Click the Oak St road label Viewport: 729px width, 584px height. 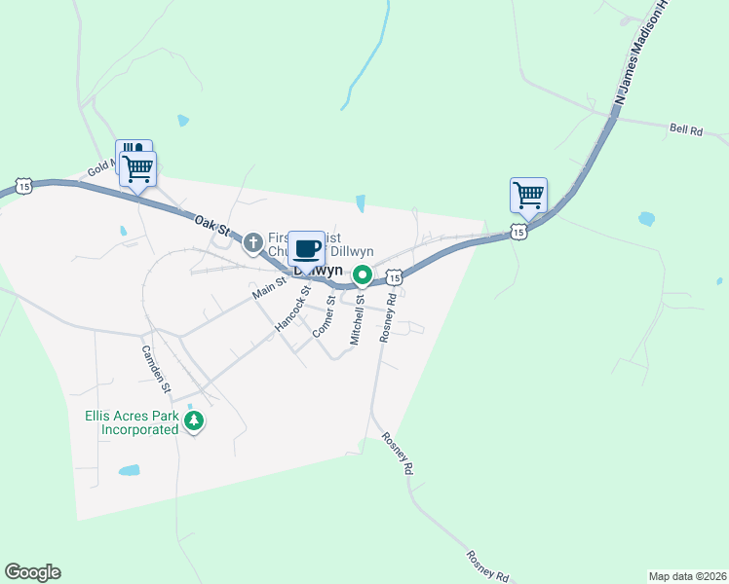pos(211,227)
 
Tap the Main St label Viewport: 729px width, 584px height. pos(269,287)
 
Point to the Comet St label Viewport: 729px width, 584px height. pos(325,317)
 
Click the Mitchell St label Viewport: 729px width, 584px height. pos(357,321)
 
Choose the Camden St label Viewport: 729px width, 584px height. pos(156,369)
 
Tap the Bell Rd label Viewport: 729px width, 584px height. pos(686,128)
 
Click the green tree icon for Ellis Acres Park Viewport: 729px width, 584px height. pos(195,421)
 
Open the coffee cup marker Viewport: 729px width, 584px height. pos(307,248)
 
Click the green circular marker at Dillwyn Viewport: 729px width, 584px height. pos(362,275)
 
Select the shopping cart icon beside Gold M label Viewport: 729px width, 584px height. pos(137,168)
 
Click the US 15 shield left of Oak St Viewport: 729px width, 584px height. pos(24,185)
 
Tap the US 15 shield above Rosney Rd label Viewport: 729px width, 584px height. pos(394,277)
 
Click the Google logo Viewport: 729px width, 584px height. pos(32,572)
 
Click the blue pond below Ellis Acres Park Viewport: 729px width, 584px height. pos(129,470)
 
